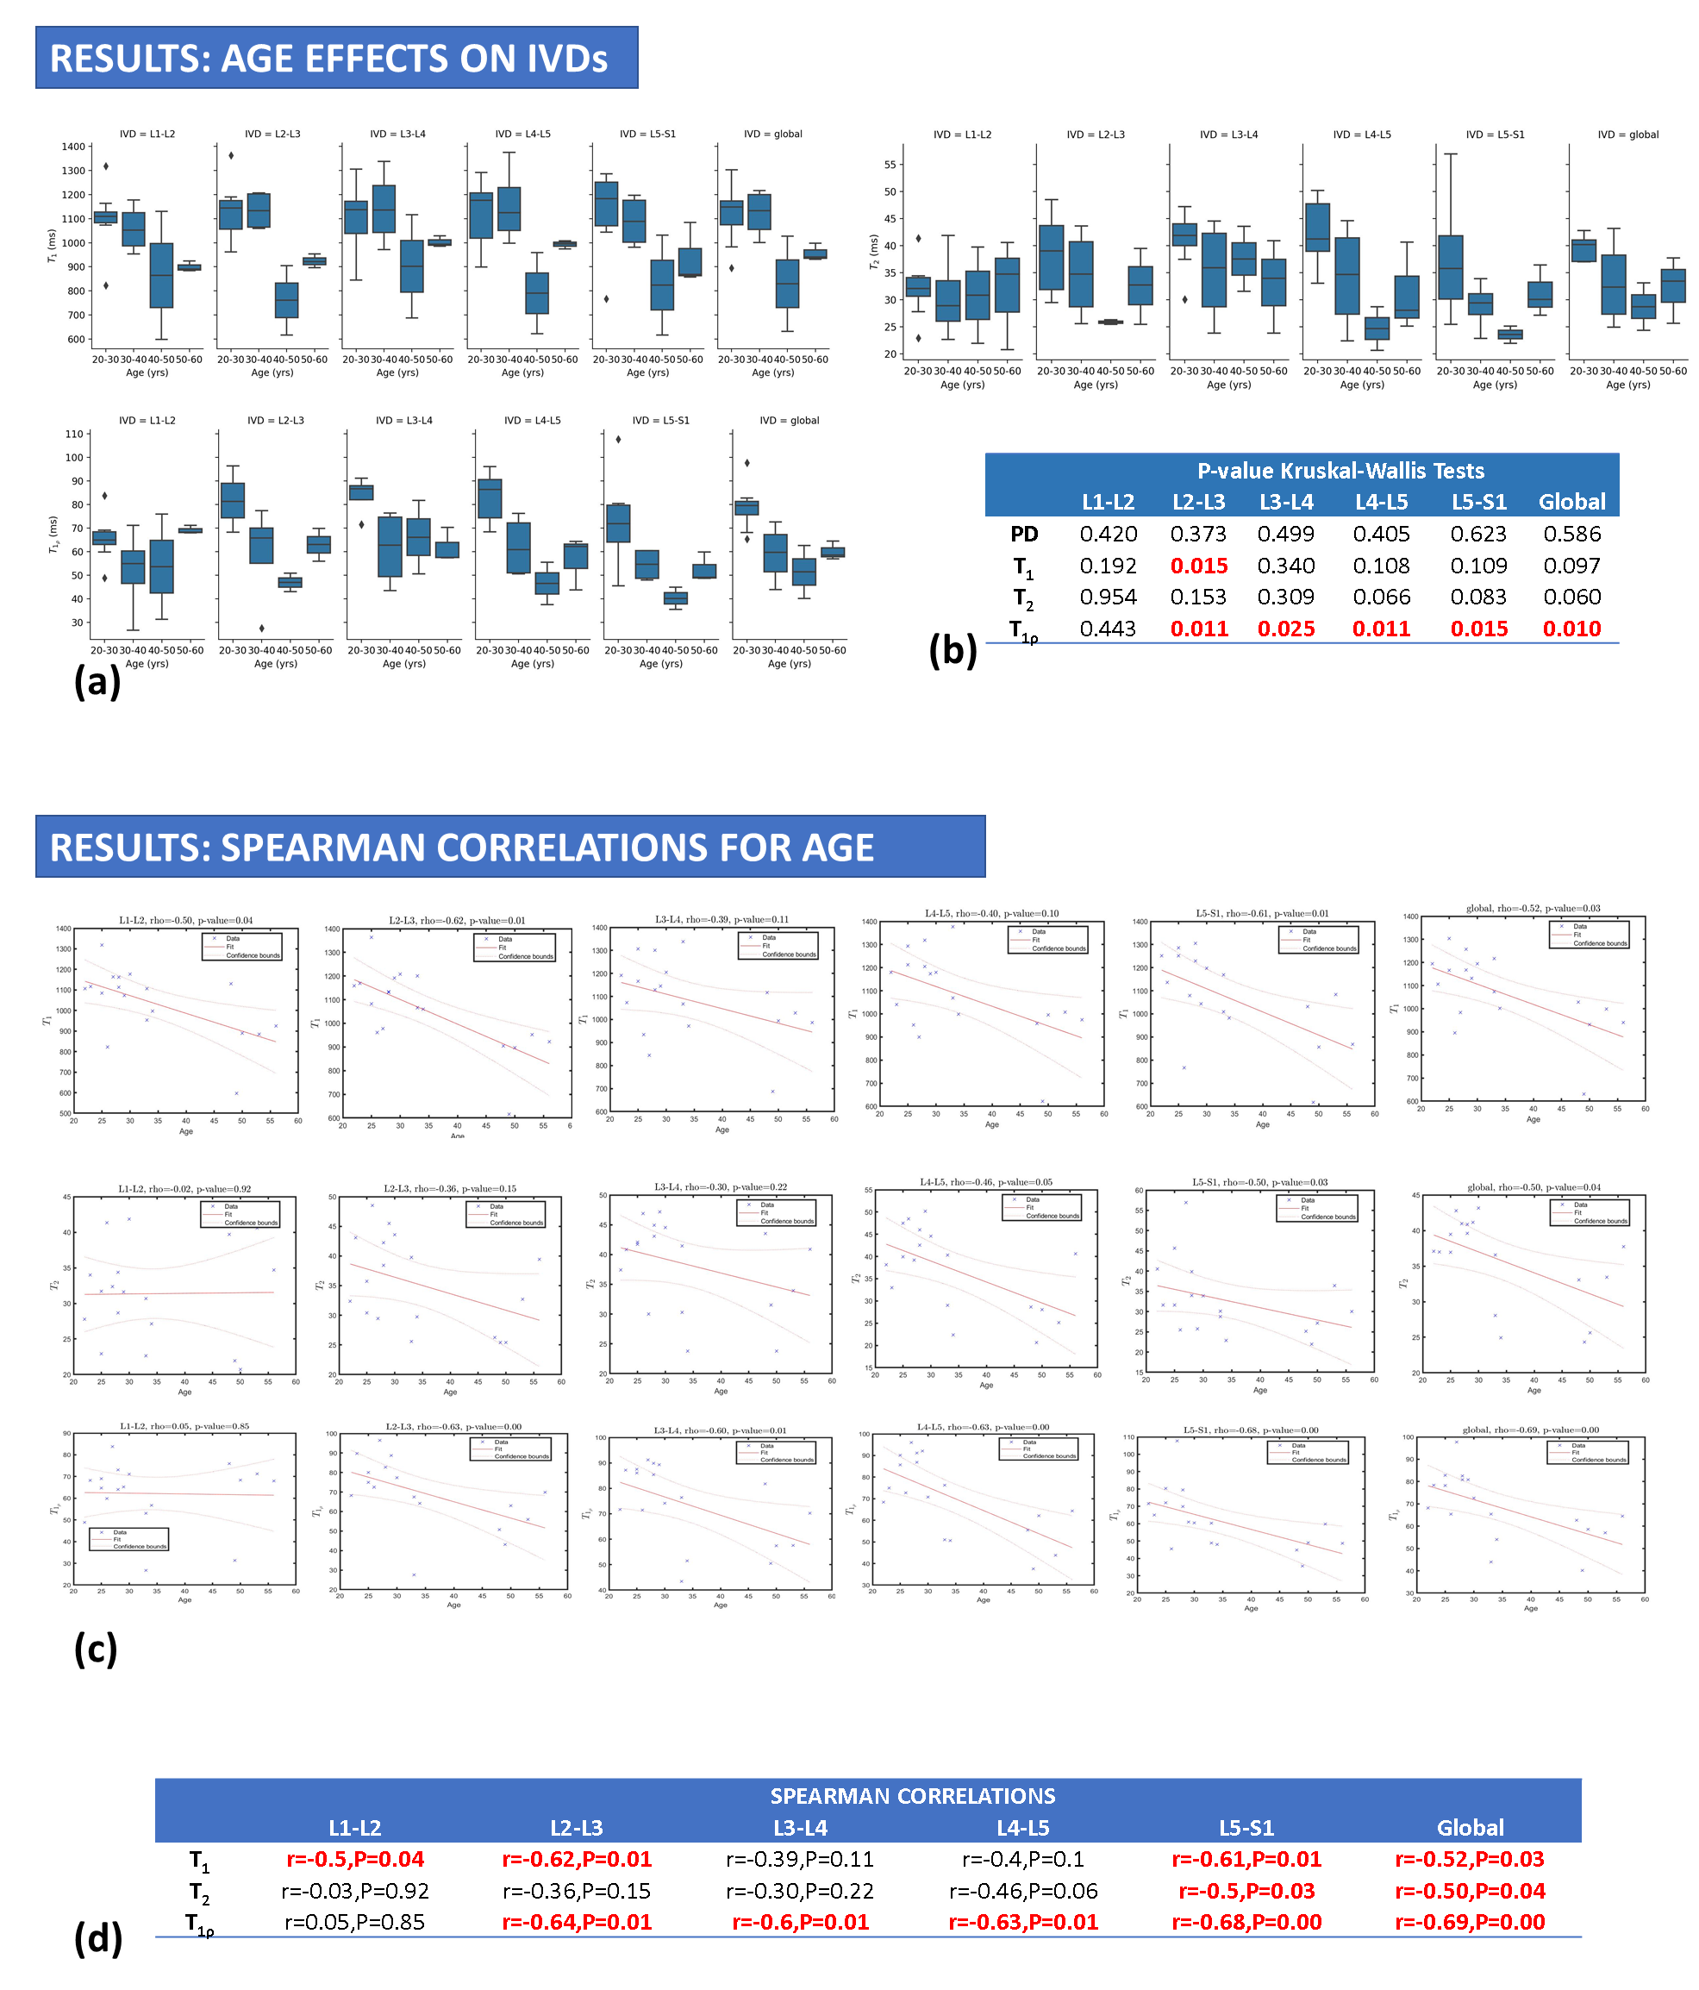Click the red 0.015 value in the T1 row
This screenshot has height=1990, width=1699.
tap(1199, 566)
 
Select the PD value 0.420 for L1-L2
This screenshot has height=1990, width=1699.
tap(1108, 534)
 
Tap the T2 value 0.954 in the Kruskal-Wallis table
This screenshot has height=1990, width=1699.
tap(1108, 598)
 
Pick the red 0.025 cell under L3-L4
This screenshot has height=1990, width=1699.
tap(1286, 629)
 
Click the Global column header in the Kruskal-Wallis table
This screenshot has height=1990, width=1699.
tap(1571, 501)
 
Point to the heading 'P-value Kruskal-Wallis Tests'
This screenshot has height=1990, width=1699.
tap(1340, 471)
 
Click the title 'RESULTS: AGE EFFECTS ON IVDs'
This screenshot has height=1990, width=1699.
tap(328, 59)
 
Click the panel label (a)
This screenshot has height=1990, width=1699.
tap(97, 681)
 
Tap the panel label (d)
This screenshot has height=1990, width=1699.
tap(98, 1938)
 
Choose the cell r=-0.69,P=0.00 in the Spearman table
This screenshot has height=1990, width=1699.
tap(1470, 1922)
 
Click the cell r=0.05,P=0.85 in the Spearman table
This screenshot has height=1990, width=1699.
tap(354, 1922)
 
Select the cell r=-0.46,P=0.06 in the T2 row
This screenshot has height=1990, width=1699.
tap(1023, 1891)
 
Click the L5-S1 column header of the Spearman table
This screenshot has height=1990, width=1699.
tap(1246, 1828)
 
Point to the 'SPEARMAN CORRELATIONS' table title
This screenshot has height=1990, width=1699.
tap(912, 1796)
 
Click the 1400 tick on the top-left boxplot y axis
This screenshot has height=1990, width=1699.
tap(73, 147)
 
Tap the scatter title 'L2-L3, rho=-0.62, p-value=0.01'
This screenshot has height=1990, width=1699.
tap(457, 920)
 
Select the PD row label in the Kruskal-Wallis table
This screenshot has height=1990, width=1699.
tap(1024, 534)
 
